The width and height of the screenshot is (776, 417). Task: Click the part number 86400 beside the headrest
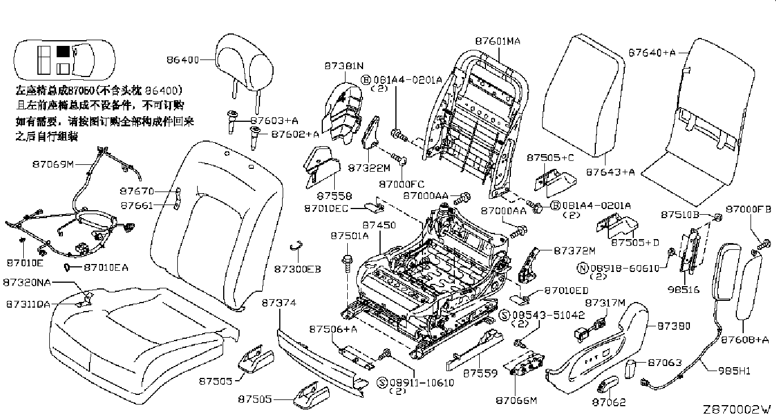point(182,59)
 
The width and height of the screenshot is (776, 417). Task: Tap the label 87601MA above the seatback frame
point(497,41)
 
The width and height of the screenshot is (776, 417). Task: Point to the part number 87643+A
point(610,172)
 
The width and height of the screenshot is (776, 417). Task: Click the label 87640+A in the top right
point(652,53)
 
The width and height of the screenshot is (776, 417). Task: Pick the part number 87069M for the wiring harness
point(53,164)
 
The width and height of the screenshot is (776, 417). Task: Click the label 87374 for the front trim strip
point(279,304)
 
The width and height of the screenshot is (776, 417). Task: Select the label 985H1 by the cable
point(735,371)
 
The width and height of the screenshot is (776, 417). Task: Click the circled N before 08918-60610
point(581,267)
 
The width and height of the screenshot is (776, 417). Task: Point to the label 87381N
point(344,66)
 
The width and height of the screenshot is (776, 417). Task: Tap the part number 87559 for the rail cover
point(480,373)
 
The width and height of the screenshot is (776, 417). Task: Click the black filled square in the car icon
point(63,52)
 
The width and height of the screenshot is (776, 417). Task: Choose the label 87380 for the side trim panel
point(673,326)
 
